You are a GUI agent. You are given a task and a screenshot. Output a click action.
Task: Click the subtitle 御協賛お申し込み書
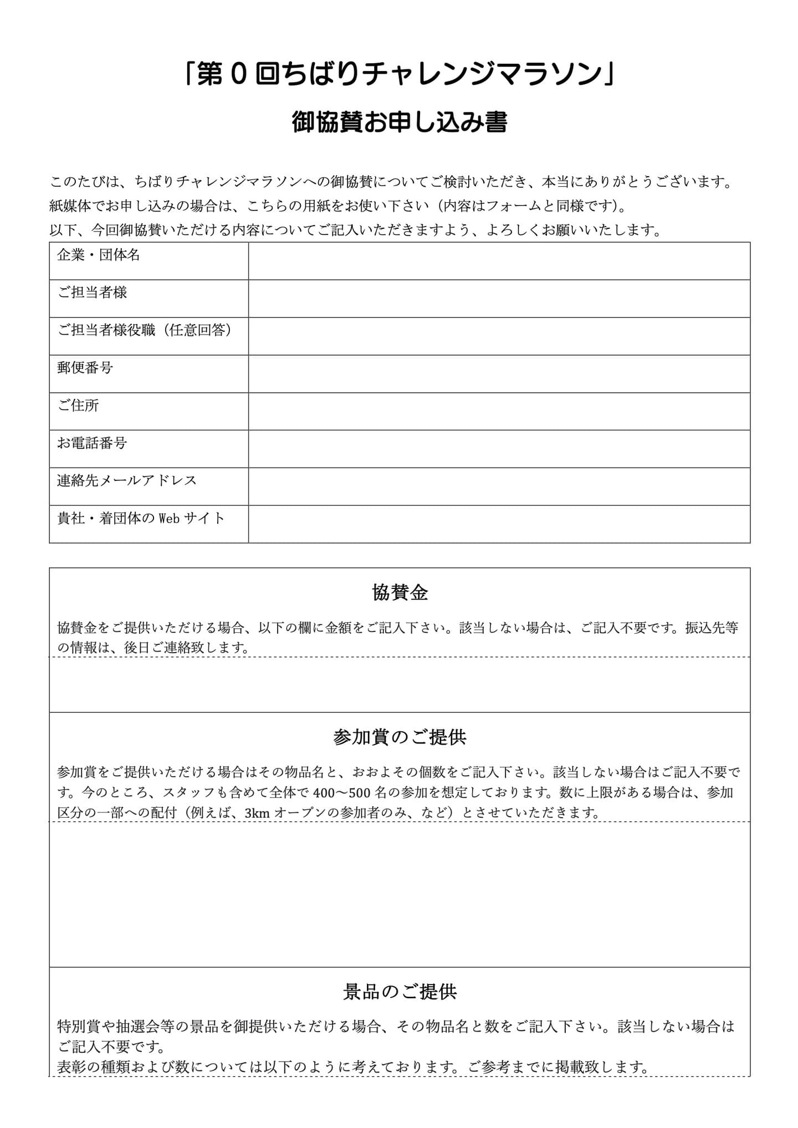[x=399, y=122]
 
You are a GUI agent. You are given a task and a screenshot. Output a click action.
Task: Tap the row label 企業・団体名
[x=99, y=255]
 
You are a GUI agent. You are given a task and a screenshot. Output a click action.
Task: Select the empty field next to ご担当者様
[x=499, y=299]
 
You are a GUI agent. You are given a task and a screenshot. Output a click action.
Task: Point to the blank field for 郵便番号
[x=499, y=374]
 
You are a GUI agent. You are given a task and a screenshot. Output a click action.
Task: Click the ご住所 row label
[x=78, y=406]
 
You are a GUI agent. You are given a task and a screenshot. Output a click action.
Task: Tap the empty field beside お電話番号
[x=499, y=449]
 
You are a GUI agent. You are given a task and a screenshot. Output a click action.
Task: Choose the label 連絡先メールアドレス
[x=127, y=480]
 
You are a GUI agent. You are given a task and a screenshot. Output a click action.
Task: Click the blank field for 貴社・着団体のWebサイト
[x=499, y=524]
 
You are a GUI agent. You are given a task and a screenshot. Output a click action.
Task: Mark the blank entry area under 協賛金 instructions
[x=399, y=685]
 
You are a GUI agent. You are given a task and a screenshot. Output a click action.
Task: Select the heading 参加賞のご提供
[x=400, y=737]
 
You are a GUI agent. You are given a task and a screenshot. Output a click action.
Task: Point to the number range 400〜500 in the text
[x=339, y=793]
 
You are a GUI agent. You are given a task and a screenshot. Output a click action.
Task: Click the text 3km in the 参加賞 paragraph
[x=257, y=813]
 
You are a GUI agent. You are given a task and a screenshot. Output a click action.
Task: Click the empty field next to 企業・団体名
[x=499, y=261]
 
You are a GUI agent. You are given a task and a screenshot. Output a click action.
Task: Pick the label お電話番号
[x=92, y=443]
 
